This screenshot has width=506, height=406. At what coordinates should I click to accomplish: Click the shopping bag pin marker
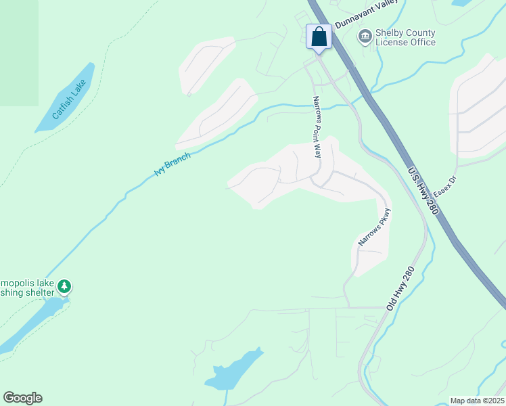(x=319, y=37)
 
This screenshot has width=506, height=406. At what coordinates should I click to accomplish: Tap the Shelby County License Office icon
(x=365, y=36)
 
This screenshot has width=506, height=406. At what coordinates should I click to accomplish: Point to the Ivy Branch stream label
(x=172, y=164)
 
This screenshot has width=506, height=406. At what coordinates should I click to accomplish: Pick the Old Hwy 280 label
(x=400, y=288)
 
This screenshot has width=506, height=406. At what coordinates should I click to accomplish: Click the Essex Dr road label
(x=445, y=187)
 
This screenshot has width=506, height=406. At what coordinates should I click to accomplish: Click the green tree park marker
(x=64, y=286)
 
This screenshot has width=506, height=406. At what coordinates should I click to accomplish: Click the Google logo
(x=22, y=398)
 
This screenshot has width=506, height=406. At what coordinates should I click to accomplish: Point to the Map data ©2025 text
(x=476, y=401)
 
